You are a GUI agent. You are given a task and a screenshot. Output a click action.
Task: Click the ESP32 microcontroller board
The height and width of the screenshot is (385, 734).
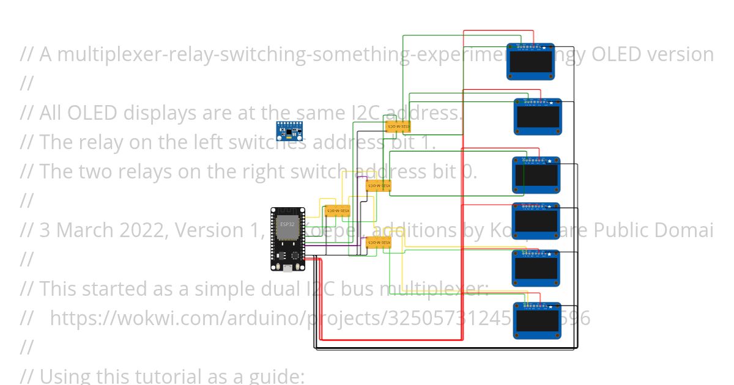[x=288, y=240]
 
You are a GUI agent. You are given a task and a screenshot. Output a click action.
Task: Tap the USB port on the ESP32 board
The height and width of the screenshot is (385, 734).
[x=287, y=267]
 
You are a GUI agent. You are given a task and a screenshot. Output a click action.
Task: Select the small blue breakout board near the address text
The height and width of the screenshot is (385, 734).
[x=289, y=130]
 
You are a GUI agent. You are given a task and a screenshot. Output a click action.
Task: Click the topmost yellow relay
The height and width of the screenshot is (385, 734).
[x=398, y=127]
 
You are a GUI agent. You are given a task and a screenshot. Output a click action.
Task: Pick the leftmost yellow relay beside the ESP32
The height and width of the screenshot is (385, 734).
[x=337, y=211]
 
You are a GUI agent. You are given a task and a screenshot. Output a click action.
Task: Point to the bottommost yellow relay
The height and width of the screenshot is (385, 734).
[x=379, y=243]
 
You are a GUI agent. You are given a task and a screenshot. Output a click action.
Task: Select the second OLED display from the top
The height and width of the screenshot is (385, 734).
[x=538, y=117]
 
